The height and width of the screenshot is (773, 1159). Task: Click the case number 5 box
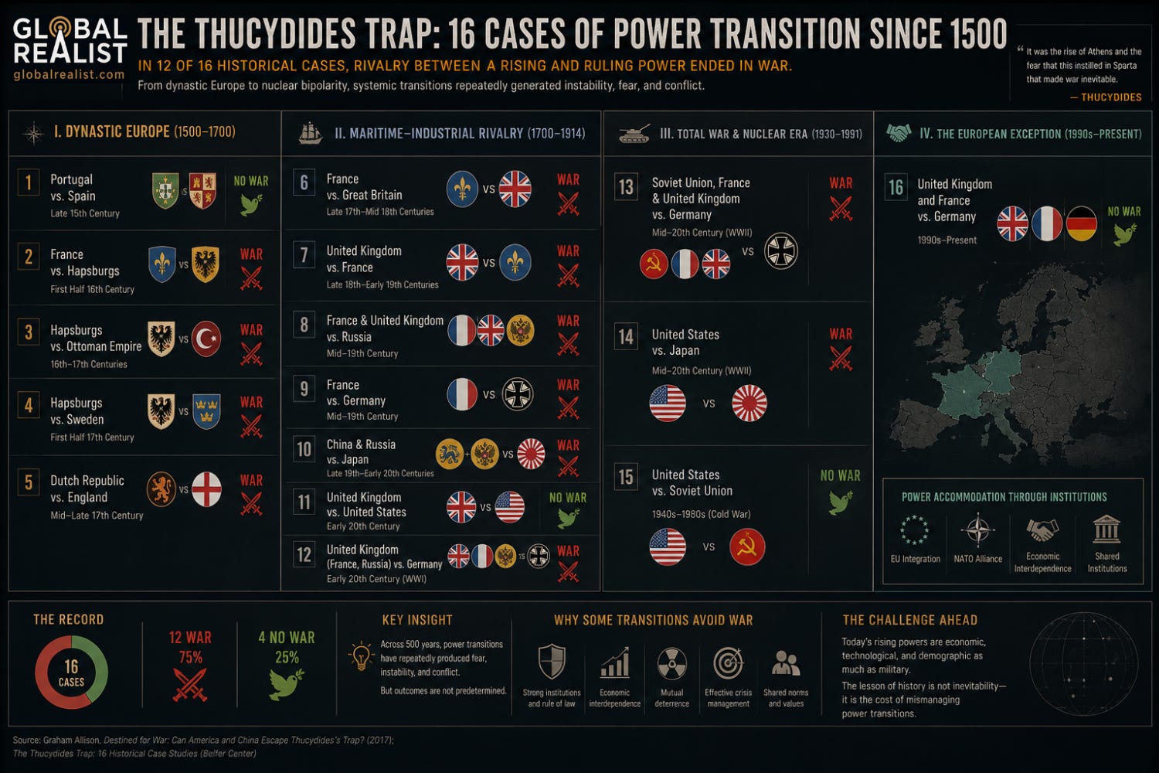coord(29,482)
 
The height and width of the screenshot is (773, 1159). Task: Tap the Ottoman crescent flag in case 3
coord(206,339)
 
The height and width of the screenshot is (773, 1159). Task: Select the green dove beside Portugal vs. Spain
coord(251,205)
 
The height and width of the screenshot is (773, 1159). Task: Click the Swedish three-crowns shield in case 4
coord(206,411)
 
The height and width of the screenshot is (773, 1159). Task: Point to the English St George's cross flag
coord(206,489)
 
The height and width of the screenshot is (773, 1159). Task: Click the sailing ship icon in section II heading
coord(311,133)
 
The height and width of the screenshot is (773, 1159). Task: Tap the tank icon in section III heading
coord(634,134)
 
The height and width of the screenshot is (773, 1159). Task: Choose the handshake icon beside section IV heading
coord(899,133)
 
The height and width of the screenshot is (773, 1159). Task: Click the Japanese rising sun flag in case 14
coord(749,403)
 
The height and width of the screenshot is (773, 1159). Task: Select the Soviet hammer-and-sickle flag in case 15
coord(747,547)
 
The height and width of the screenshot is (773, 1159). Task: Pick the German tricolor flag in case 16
coord(1082,223)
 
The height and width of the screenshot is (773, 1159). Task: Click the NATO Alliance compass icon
coord(978,530)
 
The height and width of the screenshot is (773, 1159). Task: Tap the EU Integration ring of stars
coord(914,530)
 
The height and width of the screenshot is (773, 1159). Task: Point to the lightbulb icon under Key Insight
coord(361,656)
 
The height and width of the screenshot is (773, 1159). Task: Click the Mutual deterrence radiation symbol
coord(671,663)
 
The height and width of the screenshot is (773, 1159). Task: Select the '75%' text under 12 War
coord(190,658)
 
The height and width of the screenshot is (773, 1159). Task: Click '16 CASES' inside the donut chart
coord(71,673)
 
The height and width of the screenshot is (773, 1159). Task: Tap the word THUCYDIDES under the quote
coord(1111,97)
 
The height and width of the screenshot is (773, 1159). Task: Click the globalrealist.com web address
coord(69,74)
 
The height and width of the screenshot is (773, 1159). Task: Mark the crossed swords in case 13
coord(841,209)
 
